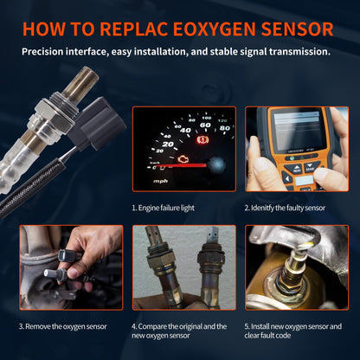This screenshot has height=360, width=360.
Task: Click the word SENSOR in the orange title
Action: point(291,28)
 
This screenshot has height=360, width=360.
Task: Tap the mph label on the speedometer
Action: point(161,182)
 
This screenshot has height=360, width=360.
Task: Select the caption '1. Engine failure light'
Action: point(170,208)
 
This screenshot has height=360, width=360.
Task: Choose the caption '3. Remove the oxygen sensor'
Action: point(65,326)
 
